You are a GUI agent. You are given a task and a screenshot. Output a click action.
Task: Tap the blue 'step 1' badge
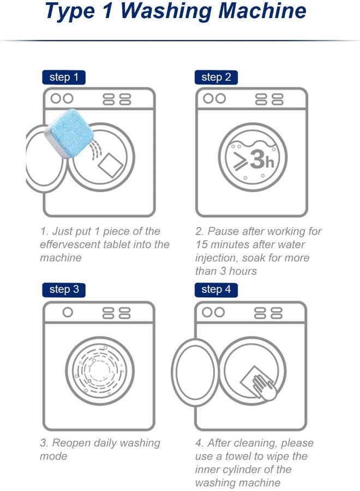(x=64, y=77)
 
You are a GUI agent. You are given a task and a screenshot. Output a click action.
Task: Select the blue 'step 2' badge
(x=215, y=77)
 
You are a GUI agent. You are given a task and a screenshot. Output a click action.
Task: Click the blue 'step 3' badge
(x=64, y=289)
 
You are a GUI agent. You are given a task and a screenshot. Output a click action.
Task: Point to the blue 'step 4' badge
(x=215, y=289)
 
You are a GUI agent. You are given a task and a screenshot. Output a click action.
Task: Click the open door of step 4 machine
(x=195, y=374)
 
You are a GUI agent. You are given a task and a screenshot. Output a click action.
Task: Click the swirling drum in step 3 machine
(x=100, y=371)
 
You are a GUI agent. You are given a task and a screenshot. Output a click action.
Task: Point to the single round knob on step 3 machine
(x=68, y=313)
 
